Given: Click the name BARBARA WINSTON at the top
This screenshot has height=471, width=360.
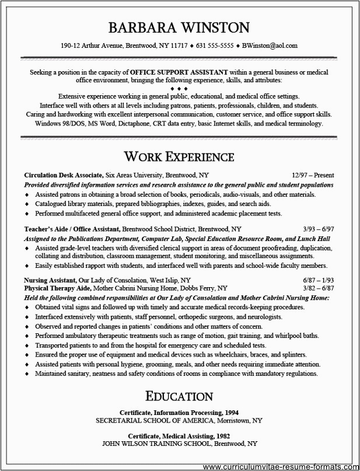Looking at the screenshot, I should coord(179,27).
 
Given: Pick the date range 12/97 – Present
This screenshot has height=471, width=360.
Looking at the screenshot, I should coord(312,175).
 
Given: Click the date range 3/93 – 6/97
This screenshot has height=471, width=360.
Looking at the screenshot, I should coord(319,229).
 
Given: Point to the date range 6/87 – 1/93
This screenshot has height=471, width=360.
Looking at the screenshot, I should coord(319,280).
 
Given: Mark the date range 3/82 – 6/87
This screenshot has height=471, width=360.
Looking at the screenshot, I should coord(319,288).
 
